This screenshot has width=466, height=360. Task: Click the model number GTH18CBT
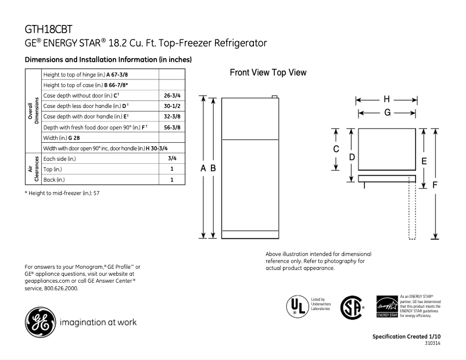49,29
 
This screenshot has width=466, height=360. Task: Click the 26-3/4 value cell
171,95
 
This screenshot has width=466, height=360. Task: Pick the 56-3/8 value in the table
171,127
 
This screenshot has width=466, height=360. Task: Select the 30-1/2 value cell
171,106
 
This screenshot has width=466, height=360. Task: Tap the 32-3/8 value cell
171,116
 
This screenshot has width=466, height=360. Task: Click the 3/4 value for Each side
171,159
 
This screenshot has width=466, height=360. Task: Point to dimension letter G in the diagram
386,113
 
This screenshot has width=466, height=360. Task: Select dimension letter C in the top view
336,149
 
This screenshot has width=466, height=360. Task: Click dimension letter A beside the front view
203,168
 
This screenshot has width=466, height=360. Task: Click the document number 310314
432,344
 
